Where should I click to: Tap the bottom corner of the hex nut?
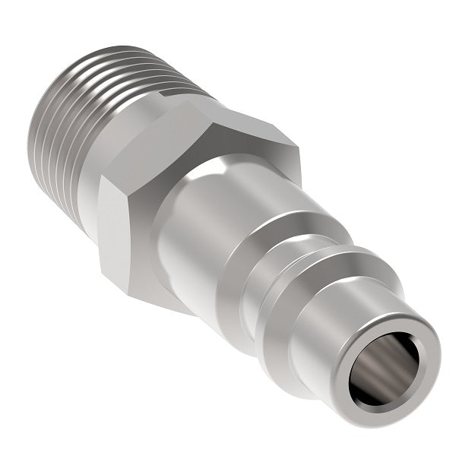point(186,312)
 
